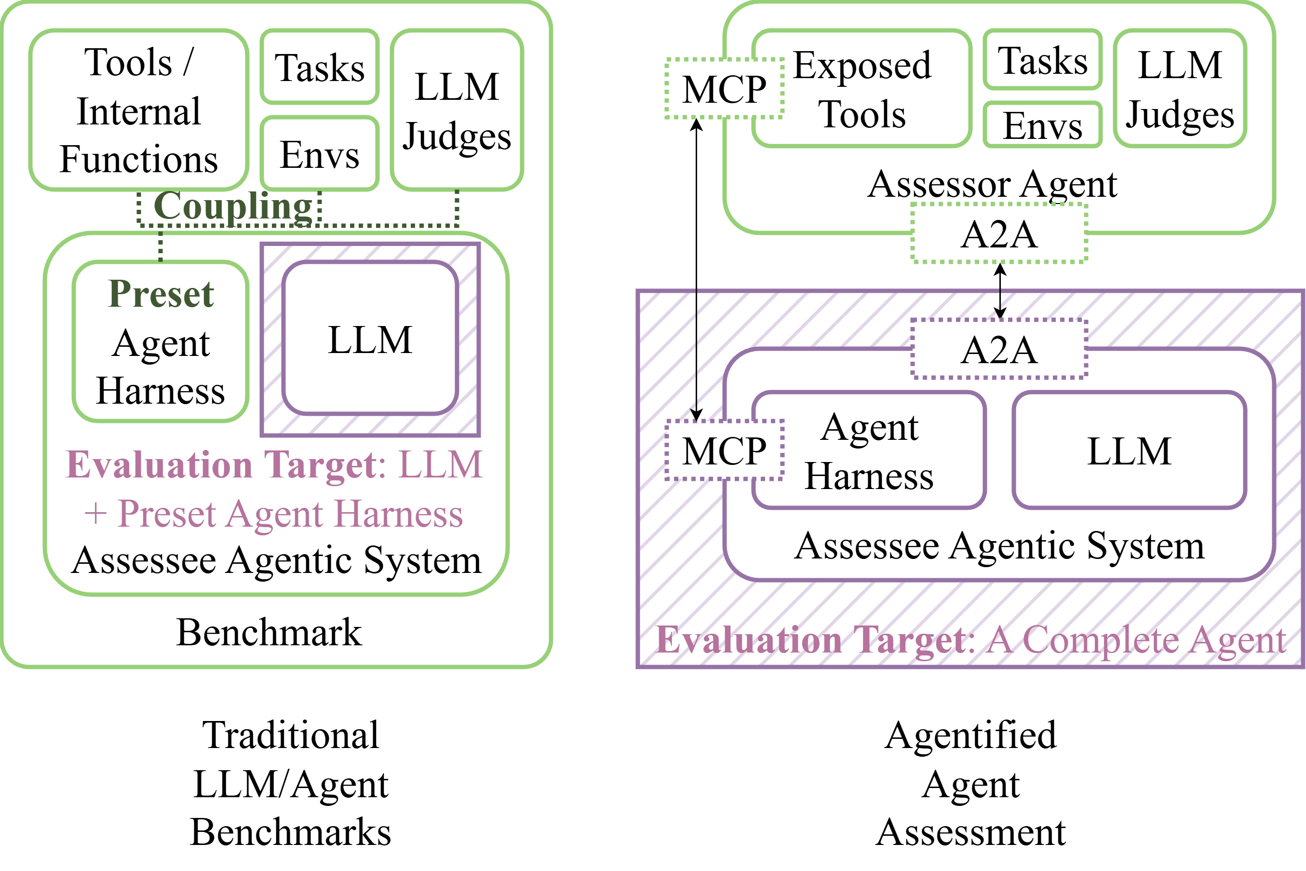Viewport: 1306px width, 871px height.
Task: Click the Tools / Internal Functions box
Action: [139, 110]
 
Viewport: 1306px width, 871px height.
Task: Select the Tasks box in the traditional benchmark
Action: [320, 67]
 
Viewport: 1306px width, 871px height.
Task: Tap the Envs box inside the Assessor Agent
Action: [1042, 125]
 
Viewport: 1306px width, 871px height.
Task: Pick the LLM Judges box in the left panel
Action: [457, 110]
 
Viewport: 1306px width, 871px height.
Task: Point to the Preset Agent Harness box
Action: [161, 341]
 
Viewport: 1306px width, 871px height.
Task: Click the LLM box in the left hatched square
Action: [370, 339]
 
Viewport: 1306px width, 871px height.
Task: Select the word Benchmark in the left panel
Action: [269, 632]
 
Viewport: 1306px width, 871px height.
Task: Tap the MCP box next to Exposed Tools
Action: [724, 89]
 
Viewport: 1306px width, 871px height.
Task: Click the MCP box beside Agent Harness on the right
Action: [724, 450]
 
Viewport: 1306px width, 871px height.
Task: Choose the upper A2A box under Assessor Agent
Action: [999, 234]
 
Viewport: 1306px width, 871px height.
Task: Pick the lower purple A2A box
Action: [999, 349]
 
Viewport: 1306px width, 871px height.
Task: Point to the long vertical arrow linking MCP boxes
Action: [696, 267]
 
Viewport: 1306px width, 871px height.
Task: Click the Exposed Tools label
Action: [862, 89]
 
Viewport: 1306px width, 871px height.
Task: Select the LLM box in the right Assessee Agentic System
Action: [1129, 450]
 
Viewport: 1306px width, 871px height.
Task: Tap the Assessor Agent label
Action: [992, 184]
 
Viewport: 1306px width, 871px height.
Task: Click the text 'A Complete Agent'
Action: [1135, 640]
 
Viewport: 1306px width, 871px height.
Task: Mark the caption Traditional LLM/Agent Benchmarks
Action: [290, 783]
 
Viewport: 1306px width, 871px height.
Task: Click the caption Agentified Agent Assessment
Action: [970, 783]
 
